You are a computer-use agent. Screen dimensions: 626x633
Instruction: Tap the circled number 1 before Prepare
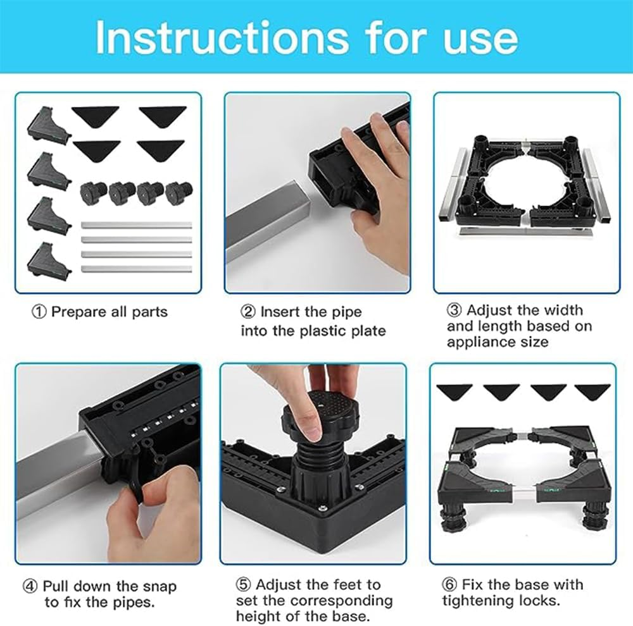click(x=39, y=312)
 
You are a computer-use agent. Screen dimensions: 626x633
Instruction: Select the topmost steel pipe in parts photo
click(x=136, y=225)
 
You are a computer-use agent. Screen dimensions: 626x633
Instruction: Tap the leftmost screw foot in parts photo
click(x=93, y=192)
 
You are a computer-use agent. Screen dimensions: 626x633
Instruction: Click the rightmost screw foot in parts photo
click(x=178, y=192)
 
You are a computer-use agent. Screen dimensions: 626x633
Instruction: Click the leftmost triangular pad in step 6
click(x=456, y=391)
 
